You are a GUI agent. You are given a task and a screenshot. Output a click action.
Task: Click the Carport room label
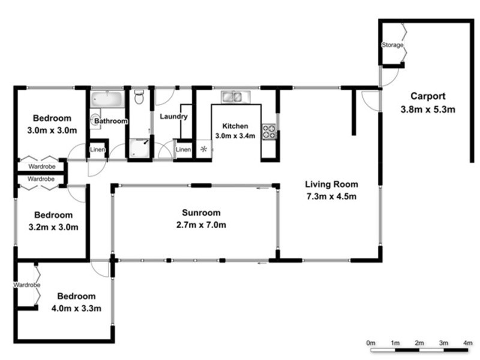(x=428, y=96)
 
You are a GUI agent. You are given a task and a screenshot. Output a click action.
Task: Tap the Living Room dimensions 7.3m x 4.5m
(x=331, y=196)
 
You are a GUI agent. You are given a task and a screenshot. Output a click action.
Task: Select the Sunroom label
(x=201, y=212)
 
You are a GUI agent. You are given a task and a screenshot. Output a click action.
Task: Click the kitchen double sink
(x=231, y=96)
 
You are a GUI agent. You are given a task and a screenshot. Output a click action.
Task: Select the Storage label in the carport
(x=392, y=46)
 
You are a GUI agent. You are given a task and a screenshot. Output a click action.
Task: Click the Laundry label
(x=174, y=116)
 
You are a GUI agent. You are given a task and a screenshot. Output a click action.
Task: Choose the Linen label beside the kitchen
(x=183, y=149)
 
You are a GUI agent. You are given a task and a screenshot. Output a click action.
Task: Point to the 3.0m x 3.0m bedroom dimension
(x=52, y=130)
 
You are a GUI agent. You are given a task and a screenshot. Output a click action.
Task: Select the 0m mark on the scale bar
(x=371, y=343)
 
